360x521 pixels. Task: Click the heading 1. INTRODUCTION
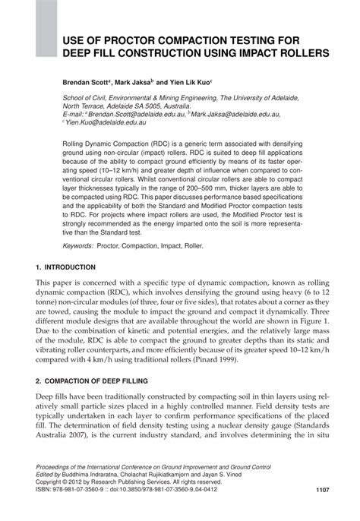(x=65, y=268)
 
